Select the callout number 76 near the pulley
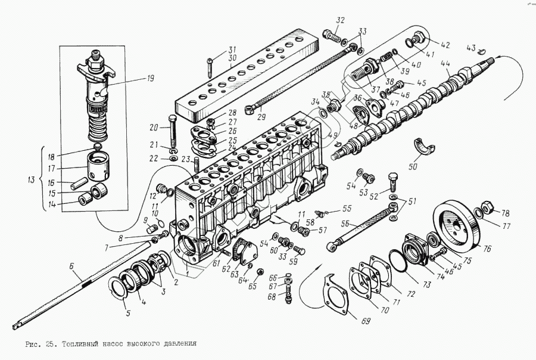(x=487, y=249)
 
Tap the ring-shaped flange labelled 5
(x=120, y=288)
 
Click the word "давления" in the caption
(x=177, y=344)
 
